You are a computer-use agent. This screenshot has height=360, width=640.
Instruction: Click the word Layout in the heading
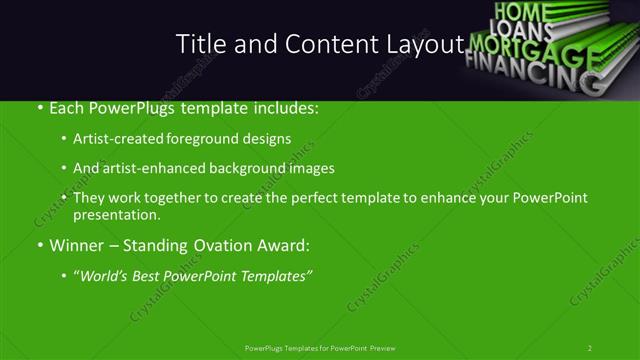click(x=421, y=44)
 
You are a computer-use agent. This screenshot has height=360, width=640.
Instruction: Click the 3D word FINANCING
click(x=530, y=72)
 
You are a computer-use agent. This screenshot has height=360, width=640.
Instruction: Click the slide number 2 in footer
click(x=590, y=348)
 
